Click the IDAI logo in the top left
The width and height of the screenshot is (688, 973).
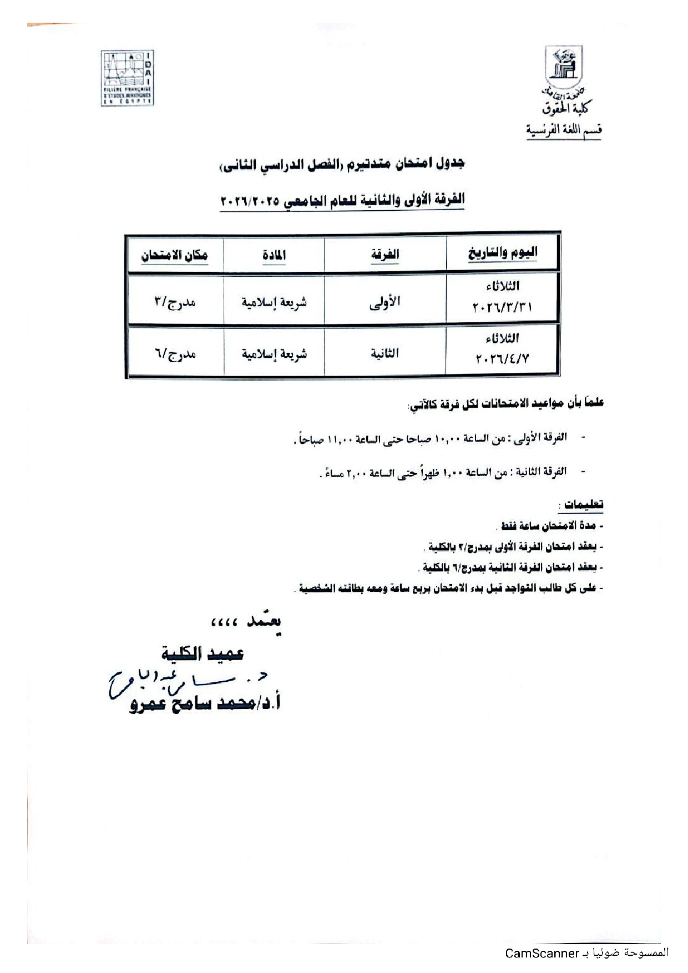[x=127, y=78]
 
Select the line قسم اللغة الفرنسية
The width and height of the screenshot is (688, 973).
[x=564, y=131]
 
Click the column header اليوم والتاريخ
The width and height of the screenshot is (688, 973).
[x=503, y=254]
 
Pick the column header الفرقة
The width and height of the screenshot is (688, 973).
[x=385, y=255]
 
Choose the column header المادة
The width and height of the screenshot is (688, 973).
[x=274, y=255]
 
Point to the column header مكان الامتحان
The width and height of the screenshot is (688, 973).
[x=174, y=255]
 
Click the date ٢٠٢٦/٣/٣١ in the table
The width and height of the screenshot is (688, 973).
[x=502, y=307]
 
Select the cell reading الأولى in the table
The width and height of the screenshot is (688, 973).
[x=385, y=302]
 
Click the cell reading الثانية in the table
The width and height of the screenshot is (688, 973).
[x=385, y=353]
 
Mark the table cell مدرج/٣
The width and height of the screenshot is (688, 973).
[x=175, y=302]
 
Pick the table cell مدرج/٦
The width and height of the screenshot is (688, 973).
[x=175, y=354]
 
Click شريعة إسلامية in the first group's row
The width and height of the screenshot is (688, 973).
[x=274, y=302]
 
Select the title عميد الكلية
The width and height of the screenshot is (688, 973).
[x=203, y=653]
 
